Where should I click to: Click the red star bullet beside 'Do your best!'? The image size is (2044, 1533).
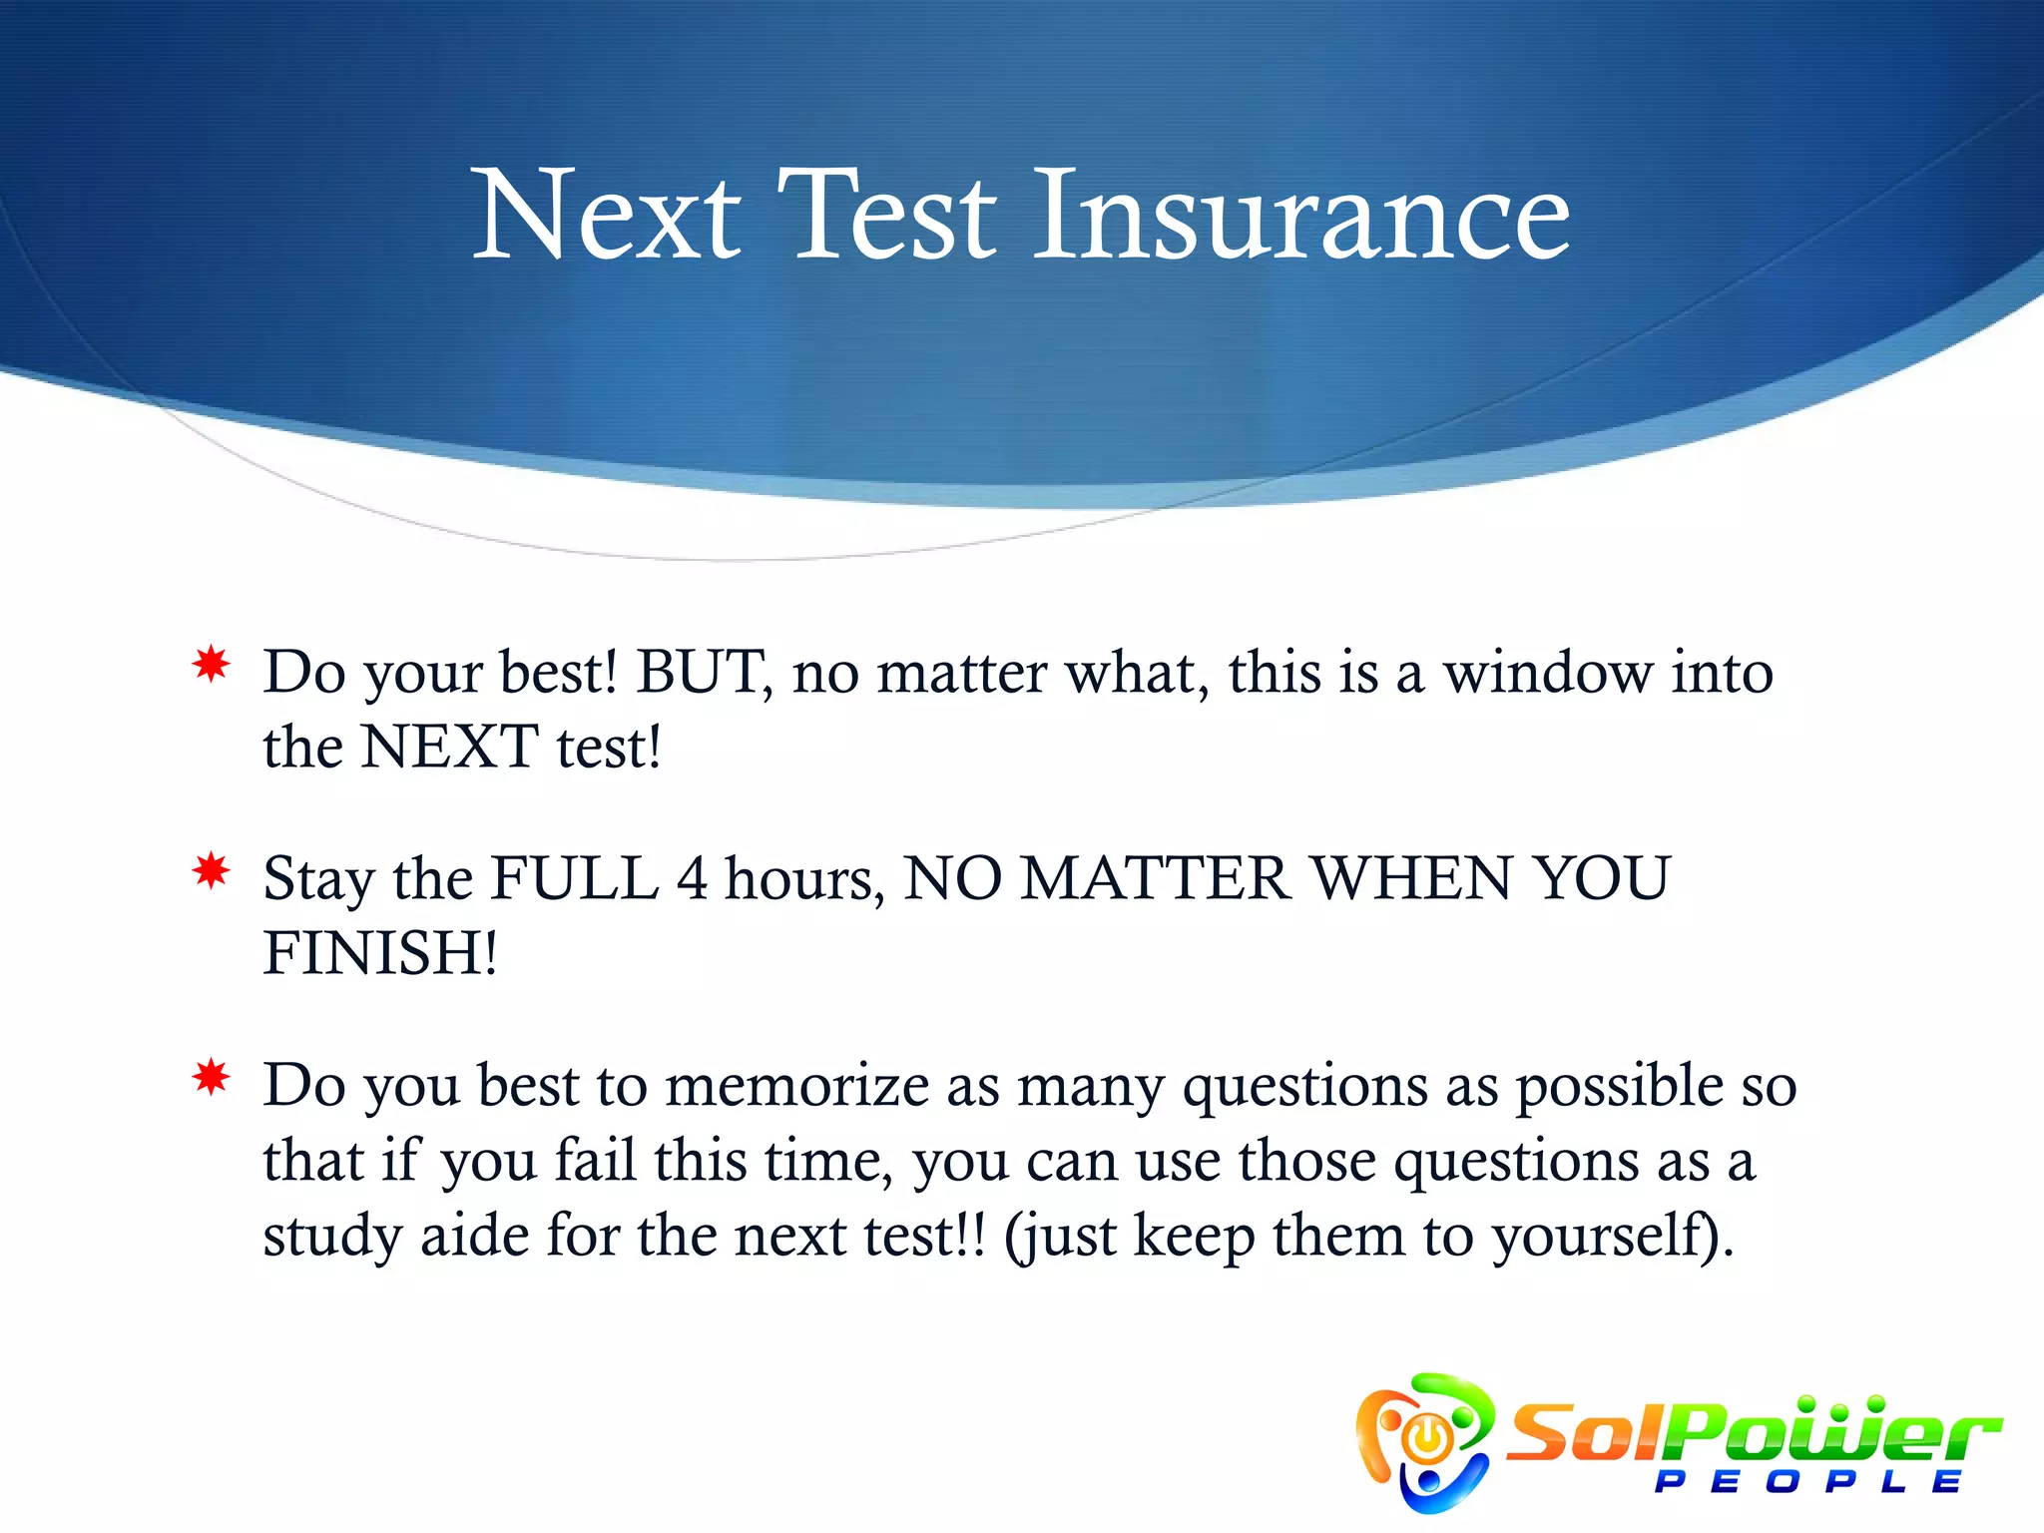212,665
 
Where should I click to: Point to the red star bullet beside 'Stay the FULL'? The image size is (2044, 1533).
212,871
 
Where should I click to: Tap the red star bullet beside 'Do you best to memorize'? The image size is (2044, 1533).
212,1078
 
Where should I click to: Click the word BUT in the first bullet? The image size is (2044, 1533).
702,672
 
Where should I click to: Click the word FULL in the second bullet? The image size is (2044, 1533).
576,878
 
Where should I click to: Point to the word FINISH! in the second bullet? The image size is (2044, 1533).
380,953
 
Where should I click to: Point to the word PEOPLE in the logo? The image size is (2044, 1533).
1808,1481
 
